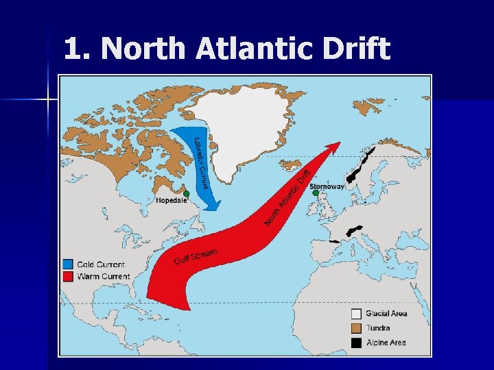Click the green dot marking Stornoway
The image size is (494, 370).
(x=316, y=193)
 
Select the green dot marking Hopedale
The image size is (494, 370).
(x=186, y=194)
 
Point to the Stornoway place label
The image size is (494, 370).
(x=327, y=186)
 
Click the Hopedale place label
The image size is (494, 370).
(x=171, y=201)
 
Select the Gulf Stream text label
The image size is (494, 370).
(x=196, y=257)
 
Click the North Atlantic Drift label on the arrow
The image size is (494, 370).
(x=289, y=195)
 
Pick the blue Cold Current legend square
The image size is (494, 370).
(x=67, y=264)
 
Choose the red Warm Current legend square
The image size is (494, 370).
(x=67, y=277)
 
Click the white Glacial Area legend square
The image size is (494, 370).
(x=356, y=314)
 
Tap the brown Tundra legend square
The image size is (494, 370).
(x=356, y=328)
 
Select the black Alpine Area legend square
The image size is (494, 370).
(x=356, y=343)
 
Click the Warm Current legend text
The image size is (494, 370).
(x=104, y=277)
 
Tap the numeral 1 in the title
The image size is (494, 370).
(x=72, y=49)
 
